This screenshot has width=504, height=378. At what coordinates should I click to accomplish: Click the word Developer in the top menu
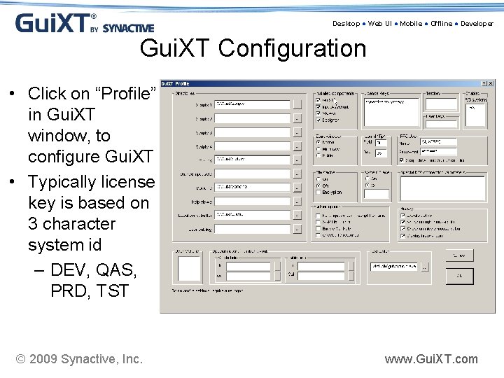tap(477, 24)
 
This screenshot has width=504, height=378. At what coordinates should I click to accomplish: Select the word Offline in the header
tap(441, 24)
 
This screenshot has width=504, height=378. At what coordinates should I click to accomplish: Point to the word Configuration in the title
tap(292, 49)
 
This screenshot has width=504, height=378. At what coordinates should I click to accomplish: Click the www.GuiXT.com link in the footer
tap(431, 359)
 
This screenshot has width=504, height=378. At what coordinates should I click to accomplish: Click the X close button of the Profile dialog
tap(492, 84)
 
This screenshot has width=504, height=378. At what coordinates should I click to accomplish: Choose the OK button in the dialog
tap(459, 276)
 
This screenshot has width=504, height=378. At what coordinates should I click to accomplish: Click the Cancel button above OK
tap(459, 255)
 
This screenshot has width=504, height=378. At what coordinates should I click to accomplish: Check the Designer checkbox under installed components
tap(318, 120)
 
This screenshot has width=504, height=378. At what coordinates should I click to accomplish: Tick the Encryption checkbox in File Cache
tap(318, 192)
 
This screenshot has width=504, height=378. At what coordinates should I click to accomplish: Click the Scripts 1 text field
tap(252, 104)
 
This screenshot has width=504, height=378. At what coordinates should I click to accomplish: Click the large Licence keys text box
tap(391, 112)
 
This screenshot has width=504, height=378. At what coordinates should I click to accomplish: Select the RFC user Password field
tap(438, 151)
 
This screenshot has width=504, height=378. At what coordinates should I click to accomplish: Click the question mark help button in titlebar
tap(484, 84)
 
